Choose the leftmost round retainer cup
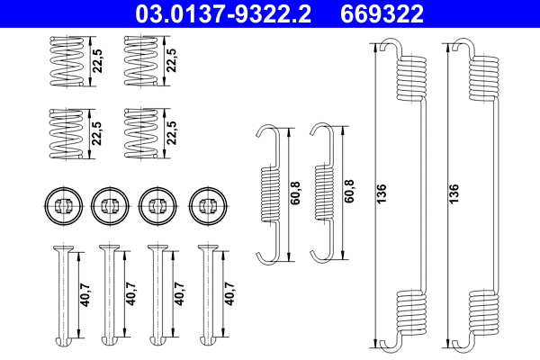[x=60, y=204]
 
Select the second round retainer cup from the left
[x=108, y=204]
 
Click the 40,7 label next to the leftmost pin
[x=85, y=295]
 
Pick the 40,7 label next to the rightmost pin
[x=231, y=295]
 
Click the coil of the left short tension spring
[x=269, y=193]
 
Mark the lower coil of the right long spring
[x=484, y=314]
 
